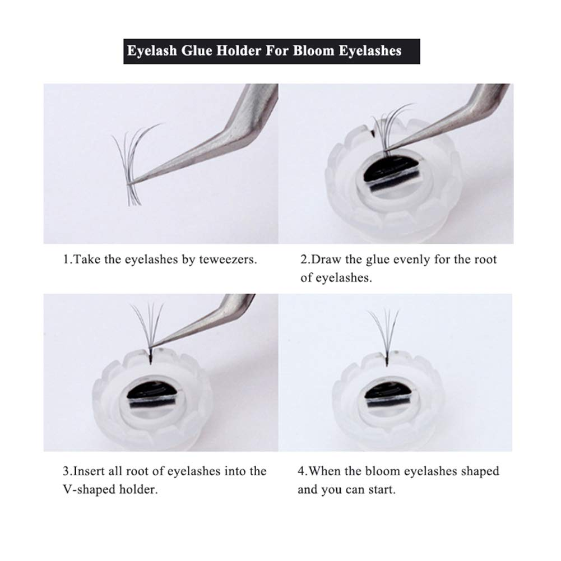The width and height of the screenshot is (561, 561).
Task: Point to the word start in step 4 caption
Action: coord(382,489)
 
